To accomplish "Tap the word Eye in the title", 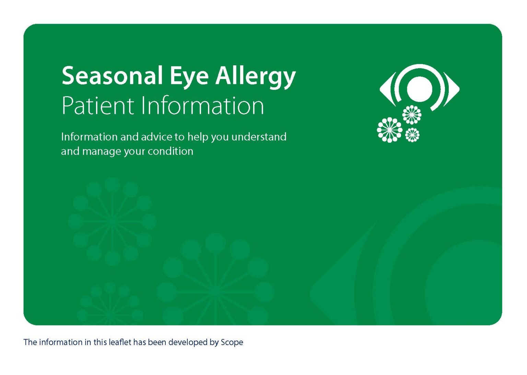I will [x=189, y=76].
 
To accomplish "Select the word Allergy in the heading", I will [x=255, y=76].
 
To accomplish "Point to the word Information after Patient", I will [x=202, y=106].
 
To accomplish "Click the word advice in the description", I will [x=156, y=137].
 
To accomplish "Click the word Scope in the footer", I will [x=232, y=342].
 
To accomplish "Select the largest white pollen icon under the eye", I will [x=389, y=130].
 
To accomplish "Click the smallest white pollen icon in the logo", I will [x=412, y=135].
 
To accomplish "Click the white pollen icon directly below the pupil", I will [x=412, y=114].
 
